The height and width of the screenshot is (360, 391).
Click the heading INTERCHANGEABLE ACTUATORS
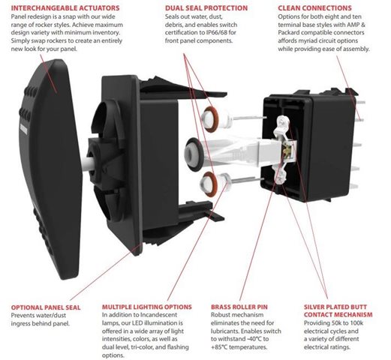(x=65, y=8)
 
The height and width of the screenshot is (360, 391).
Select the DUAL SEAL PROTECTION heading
(x=206, y=8)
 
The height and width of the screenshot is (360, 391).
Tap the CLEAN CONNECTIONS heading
(x=314, y=8)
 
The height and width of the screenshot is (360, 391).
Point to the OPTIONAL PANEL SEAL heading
(x=46, y=307)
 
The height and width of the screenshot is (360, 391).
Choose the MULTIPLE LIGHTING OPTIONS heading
(x=147, y=307)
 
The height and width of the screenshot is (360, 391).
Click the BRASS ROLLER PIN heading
(x=239, y=307)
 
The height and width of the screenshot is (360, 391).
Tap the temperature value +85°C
(x=219, y=347)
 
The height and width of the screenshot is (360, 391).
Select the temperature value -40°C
(x=254, y=339)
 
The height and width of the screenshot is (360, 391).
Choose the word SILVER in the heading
(x=314, y=307)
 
